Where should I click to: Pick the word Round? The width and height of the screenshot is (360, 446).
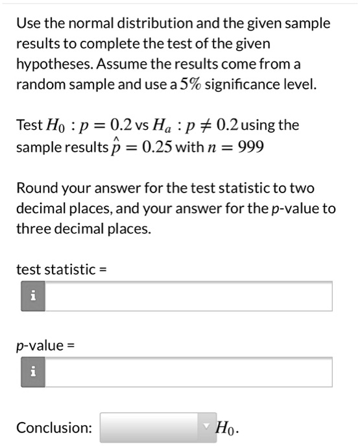click(34, 188)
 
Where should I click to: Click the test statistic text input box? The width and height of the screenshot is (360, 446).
click(188, 296)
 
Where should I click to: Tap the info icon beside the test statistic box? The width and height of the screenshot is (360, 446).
click(32, 296)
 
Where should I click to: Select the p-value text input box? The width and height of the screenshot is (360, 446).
click(188, 372)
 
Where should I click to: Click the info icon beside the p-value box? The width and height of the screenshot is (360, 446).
click(32, 372)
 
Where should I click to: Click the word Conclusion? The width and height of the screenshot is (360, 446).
click(54, 428)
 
